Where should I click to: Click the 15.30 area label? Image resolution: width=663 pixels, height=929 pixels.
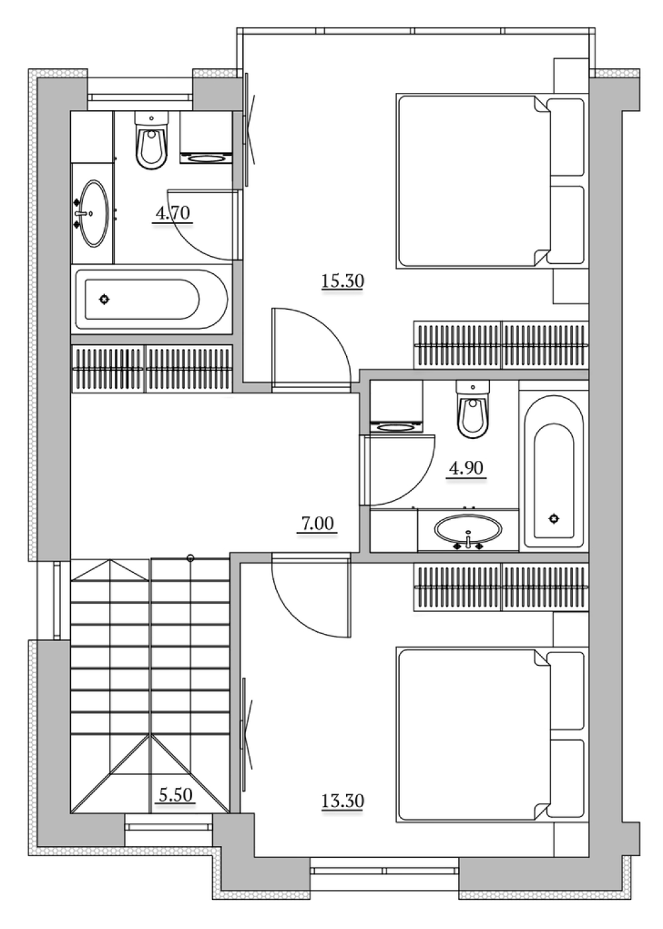pos(343,281)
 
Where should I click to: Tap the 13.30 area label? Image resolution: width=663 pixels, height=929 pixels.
pos(343,801)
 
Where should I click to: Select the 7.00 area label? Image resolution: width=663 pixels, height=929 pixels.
pos(317,523)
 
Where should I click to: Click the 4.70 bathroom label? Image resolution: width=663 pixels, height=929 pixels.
pos(173,213)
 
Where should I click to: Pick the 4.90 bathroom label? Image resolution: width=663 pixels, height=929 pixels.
pos(467,468)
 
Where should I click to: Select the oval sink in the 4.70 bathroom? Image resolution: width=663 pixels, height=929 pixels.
pos(93,214)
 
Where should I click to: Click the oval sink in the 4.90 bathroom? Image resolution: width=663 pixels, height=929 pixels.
pos(468,530)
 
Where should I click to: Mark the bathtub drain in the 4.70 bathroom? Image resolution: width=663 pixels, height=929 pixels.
pos(104,299)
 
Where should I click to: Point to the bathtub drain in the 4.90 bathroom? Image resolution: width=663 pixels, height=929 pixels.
pos(554,519)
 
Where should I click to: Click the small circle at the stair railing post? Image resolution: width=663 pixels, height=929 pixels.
pos(190,558)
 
